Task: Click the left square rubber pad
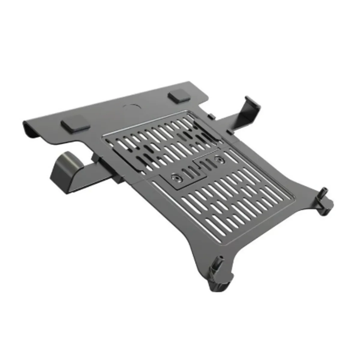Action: [75, 124]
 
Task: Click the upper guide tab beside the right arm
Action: [212, 116]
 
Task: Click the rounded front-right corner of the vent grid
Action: [292, 198]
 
